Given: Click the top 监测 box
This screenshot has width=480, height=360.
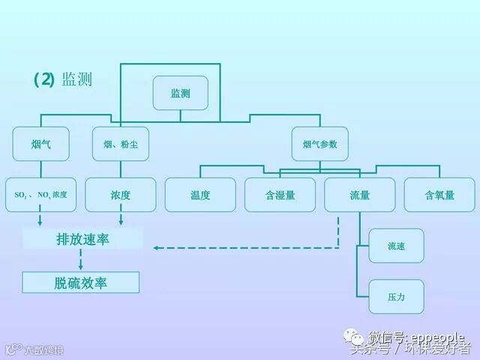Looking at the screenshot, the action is [180, 93].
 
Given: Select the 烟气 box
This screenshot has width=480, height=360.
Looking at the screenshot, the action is [40, 143].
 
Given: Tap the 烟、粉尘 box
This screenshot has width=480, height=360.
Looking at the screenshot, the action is [120, 143].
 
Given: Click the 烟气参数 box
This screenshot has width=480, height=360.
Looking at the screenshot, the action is [319, 143].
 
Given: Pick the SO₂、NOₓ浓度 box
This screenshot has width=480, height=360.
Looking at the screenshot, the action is [40, 195].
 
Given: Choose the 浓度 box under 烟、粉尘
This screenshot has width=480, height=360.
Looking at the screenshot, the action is [120, 195].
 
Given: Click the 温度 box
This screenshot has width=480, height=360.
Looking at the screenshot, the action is [200, 195].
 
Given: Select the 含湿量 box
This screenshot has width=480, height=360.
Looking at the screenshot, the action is [280, 195].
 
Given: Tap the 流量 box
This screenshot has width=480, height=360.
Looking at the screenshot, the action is [359, 195].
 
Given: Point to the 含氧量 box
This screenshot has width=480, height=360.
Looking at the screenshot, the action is [439, 195].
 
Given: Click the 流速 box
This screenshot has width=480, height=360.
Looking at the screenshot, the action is [396, 246].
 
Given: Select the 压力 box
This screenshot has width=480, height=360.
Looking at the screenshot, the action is [396, 297].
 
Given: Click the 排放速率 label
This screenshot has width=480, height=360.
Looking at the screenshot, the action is [82, 239].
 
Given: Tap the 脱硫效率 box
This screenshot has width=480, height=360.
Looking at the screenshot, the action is [81, 283].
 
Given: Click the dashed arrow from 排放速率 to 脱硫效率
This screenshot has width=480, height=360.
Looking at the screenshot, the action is [80, 260].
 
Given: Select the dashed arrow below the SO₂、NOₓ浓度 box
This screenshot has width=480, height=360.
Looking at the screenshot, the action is [40, 220].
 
